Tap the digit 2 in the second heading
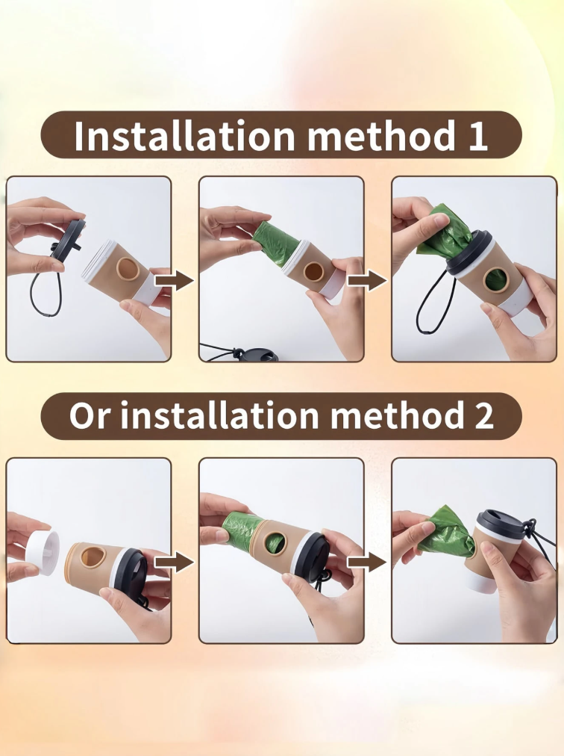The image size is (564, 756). pos(483,415)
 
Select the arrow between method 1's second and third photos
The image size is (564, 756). pos(367,281)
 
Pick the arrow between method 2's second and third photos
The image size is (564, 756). pos(367,563)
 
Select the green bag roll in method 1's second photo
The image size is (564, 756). pos(275,243)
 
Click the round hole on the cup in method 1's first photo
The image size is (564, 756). pos(127,268)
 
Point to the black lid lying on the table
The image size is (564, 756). pos(255,354)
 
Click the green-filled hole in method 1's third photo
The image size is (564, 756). pos(494,282)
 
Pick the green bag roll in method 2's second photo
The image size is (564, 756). pos(242,533)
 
